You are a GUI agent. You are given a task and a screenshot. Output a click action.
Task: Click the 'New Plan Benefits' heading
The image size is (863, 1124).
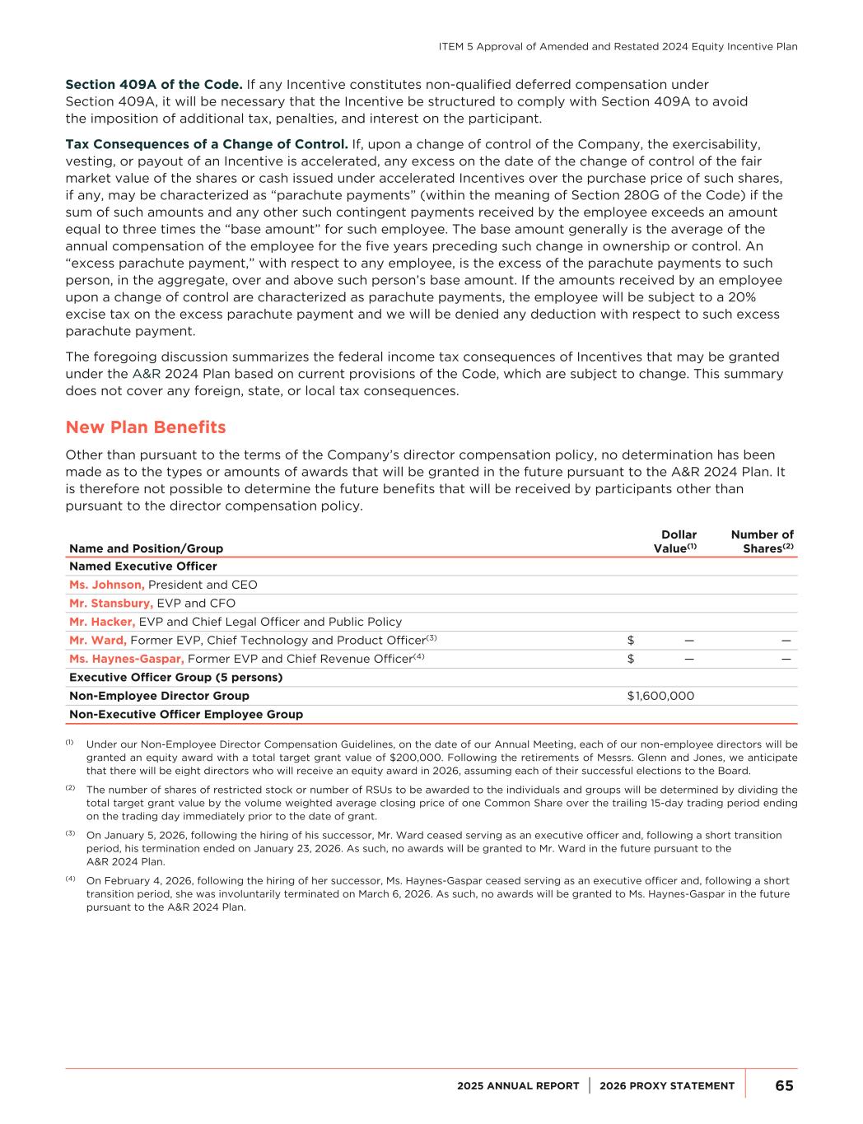click(x=145, y=427)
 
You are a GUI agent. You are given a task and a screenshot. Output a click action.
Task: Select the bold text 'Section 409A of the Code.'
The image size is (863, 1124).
click(x=154, y=84)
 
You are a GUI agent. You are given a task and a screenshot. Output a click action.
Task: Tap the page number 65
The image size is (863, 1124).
click(x=784, y=1085)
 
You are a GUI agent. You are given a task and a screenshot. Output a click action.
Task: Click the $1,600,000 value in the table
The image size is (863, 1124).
click(x=660, y=696)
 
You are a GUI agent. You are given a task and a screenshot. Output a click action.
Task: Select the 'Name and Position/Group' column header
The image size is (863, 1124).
click(x=146, y=548)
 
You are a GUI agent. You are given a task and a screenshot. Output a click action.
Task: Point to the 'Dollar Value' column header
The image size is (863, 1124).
click(x=676, y=542)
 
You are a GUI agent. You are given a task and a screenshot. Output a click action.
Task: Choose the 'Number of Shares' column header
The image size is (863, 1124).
click(x=763, y=542)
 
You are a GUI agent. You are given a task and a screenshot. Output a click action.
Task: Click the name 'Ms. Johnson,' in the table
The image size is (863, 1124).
click(x=107, y=585)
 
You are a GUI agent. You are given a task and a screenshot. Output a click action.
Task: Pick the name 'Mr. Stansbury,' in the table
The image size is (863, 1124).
click(x=111, y=604)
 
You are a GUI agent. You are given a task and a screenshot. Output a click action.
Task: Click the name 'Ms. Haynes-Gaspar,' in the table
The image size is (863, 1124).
click(x=127, y=659)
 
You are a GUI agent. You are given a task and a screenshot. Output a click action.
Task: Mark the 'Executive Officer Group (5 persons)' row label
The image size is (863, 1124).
click(x=175, y=678)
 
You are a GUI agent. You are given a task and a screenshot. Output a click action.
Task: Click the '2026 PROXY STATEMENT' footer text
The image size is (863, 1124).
click(x=667, y=1086)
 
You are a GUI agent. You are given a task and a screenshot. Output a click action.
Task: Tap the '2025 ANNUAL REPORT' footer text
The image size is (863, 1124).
click(x=518, y=1086)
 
